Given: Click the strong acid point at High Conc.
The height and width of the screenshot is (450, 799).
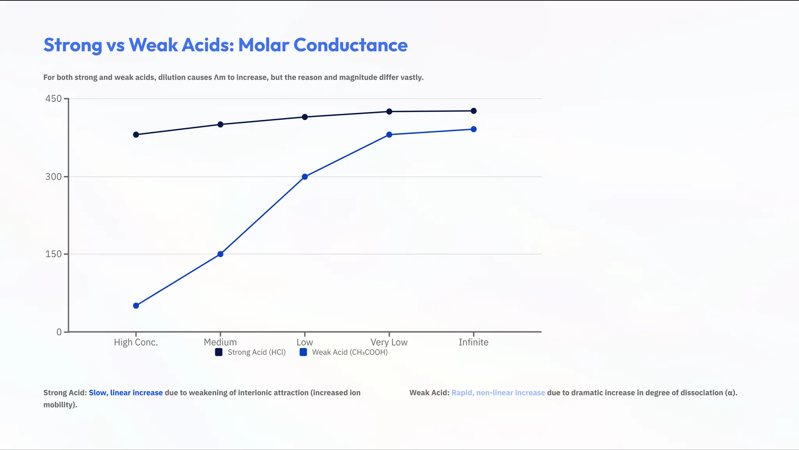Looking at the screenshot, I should pos(136,135).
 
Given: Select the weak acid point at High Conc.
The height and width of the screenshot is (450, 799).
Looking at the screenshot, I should pos(136,306).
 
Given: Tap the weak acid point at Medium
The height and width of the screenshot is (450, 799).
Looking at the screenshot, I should pos(220,254).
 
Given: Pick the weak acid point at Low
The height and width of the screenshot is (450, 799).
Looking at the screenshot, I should pos(305,177).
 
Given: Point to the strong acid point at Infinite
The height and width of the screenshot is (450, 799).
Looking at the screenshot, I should pos(474,111).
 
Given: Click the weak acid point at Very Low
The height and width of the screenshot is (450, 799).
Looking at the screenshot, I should pos(389,135).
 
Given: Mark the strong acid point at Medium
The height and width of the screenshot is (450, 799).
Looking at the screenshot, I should pos(220,124).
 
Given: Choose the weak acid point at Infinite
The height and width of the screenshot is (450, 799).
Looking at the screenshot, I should pos(474,129).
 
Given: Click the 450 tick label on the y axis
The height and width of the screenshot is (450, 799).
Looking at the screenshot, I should pos(53,99).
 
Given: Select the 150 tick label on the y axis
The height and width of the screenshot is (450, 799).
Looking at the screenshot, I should pos(53,254).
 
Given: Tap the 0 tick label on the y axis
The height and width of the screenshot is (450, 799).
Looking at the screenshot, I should pos(59,332).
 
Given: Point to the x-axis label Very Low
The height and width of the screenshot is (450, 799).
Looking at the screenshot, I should pos(389,342).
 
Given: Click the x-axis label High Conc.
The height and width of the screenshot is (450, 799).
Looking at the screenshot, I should pos(136,342).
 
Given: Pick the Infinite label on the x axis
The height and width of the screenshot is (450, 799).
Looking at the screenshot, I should pos(473,342).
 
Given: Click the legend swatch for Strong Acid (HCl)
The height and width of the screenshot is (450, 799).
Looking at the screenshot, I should pos(219,353).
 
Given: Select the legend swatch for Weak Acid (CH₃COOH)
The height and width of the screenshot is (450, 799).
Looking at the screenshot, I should pos(303,353).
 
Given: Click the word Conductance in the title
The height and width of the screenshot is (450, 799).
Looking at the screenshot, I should pos(350,45).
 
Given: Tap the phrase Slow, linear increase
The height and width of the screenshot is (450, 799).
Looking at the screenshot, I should pos(126,393).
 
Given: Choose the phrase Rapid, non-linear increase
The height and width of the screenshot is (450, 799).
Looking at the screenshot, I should pos(498,393).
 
